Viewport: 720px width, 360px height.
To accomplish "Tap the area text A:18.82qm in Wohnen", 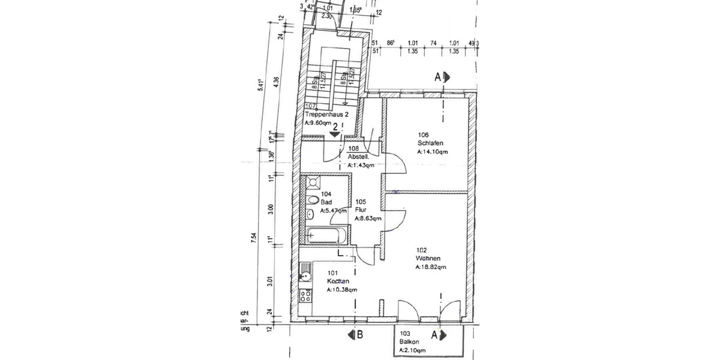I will point(431,267).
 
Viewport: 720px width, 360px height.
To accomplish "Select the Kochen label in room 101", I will point(338,281).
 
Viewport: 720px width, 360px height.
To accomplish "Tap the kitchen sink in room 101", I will point(305,277).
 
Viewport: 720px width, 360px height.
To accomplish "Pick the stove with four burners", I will point(305,296).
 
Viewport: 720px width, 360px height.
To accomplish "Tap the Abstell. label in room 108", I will point(358,157).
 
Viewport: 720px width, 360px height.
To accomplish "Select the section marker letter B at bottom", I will point(359,335).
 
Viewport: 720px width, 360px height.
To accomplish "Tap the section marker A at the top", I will point(439,76).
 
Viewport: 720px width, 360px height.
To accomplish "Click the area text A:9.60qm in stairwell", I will point(317,122).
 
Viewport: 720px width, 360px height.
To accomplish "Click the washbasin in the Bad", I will point(310,215).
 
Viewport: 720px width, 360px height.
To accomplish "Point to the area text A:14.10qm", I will point(432,152).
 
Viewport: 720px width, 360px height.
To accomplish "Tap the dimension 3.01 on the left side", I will point(271,281).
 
